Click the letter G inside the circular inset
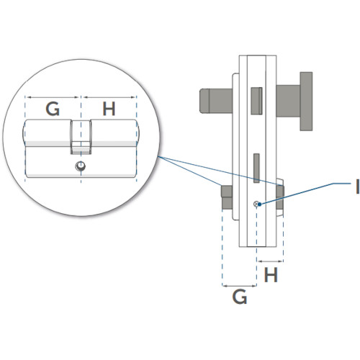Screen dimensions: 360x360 53,109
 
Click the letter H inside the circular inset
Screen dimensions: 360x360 109,109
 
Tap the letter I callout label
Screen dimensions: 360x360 357,186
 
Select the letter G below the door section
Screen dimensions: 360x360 240,297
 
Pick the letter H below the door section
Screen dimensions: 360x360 271,275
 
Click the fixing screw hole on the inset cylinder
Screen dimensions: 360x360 81,166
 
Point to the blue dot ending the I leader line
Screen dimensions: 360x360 259,204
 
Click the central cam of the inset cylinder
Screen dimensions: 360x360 81,137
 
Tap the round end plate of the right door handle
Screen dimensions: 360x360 306,102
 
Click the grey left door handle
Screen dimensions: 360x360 216,101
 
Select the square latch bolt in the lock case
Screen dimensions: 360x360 256,101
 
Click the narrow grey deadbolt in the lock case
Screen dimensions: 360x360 256,168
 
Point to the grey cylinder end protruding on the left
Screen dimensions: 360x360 227,197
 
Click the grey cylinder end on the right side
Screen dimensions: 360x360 280,197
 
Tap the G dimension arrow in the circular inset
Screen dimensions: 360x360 53,97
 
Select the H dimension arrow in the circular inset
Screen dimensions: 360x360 109,97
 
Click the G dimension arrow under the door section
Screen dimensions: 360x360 240,286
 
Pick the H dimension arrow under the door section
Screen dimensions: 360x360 270,261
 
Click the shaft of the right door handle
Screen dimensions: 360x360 288,101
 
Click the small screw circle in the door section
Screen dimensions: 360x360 256,204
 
